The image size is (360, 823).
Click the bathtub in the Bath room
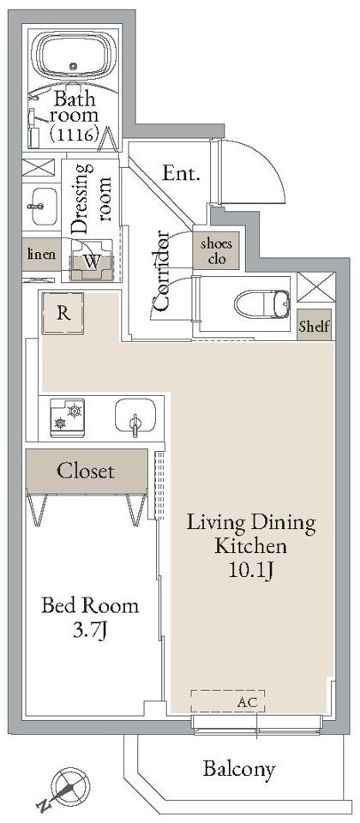click(74, 57)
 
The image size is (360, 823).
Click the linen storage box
click(41, 255)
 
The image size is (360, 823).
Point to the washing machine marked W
click(93, 261)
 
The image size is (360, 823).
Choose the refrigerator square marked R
click(63, 314)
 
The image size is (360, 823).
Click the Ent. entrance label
click(181, 173)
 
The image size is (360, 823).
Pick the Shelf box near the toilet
click(315, 327)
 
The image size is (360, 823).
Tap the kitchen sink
click(135, 417)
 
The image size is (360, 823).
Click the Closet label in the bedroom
click(85, 471)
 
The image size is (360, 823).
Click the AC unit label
click(248, 703)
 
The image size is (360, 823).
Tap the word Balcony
click(239, 770)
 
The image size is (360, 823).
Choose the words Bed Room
click(90, 606)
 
